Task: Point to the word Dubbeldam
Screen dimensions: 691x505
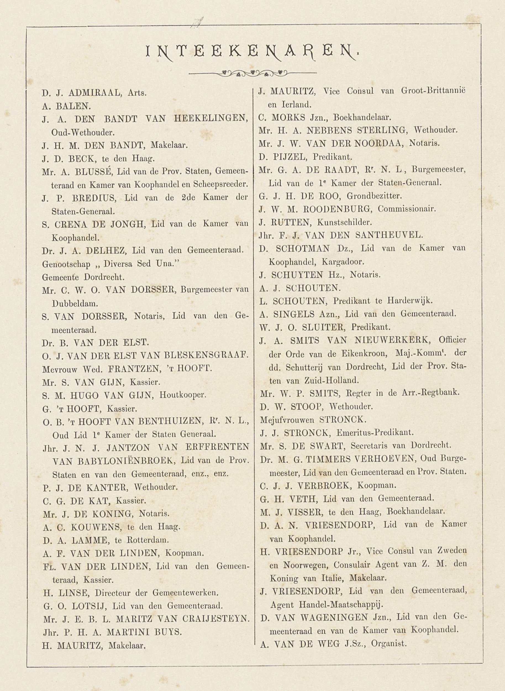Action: pyautogui.click(x=75, y=304)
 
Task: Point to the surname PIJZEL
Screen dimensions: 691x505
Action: pyautogui.click(x=289, y=157)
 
